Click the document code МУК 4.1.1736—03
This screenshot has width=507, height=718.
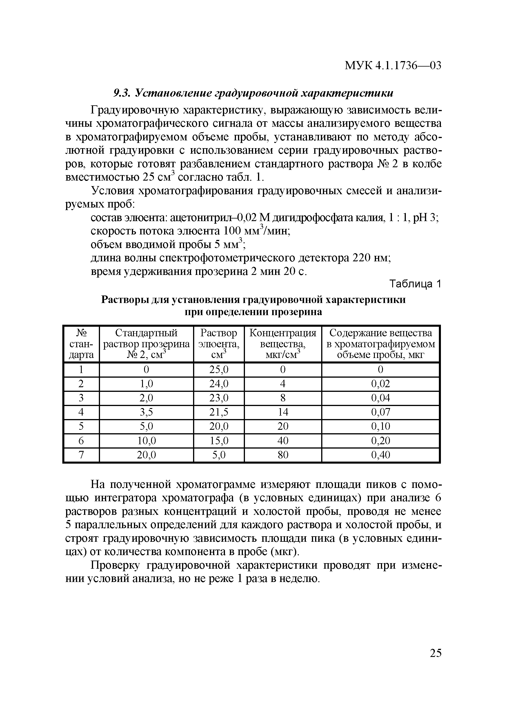click(393, 66)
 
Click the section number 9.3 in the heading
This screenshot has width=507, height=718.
click(120, 93)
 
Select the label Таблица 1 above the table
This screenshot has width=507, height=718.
click(415, 284)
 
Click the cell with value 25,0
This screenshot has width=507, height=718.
click(219, 370)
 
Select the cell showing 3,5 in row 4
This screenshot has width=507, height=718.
click(146, 412)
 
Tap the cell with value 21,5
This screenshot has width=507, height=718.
click(219, 412)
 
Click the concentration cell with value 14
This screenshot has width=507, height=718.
click(283, 412)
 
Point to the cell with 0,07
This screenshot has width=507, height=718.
click(381, 412)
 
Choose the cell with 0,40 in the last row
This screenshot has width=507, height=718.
click(381, 455)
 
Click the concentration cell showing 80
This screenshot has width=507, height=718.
click(283, 455)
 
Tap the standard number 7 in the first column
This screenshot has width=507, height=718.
click(81, 455)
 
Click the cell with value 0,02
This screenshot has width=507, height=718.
click(381, 384)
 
